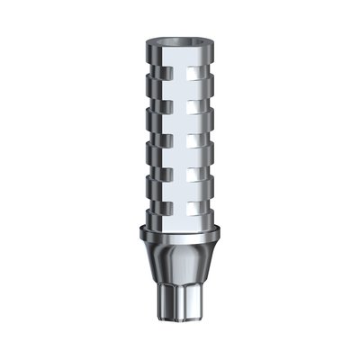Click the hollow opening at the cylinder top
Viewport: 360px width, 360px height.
click(179, 19)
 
